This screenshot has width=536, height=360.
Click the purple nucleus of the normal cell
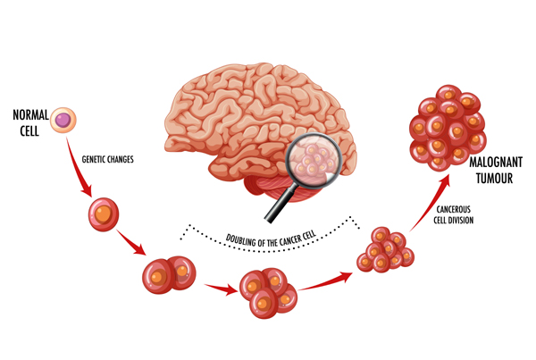point(63,120)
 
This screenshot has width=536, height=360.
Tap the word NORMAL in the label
point(30,115)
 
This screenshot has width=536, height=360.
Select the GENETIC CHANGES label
point(108,159)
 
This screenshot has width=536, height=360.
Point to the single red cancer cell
point(104,214)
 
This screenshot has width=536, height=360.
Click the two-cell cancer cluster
point(169,275)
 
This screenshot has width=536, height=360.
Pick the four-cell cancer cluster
point(268,293)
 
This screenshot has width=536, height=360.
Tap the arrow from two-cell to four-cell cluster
point(222,289)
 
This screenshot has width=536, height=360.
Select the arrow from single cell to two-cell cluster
point(131,242)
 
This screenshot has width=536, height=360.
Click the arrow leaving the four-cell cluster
point(325,281)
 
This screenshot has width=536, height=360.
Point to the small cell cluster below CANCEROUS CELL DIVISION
point(385,249)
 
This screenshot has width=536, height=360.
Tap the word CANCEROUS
point(453,209)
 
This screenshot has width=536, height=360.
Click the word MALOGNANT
point(496,162)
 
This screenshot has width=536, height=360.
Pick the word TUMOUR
point(494,178)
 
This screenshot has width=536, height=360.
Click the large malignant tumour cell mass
point(448,128)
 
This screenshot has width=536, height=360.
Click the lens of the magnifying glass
point(314,160)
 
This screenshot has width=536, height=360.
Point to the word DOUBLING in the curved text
point(240,240)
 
